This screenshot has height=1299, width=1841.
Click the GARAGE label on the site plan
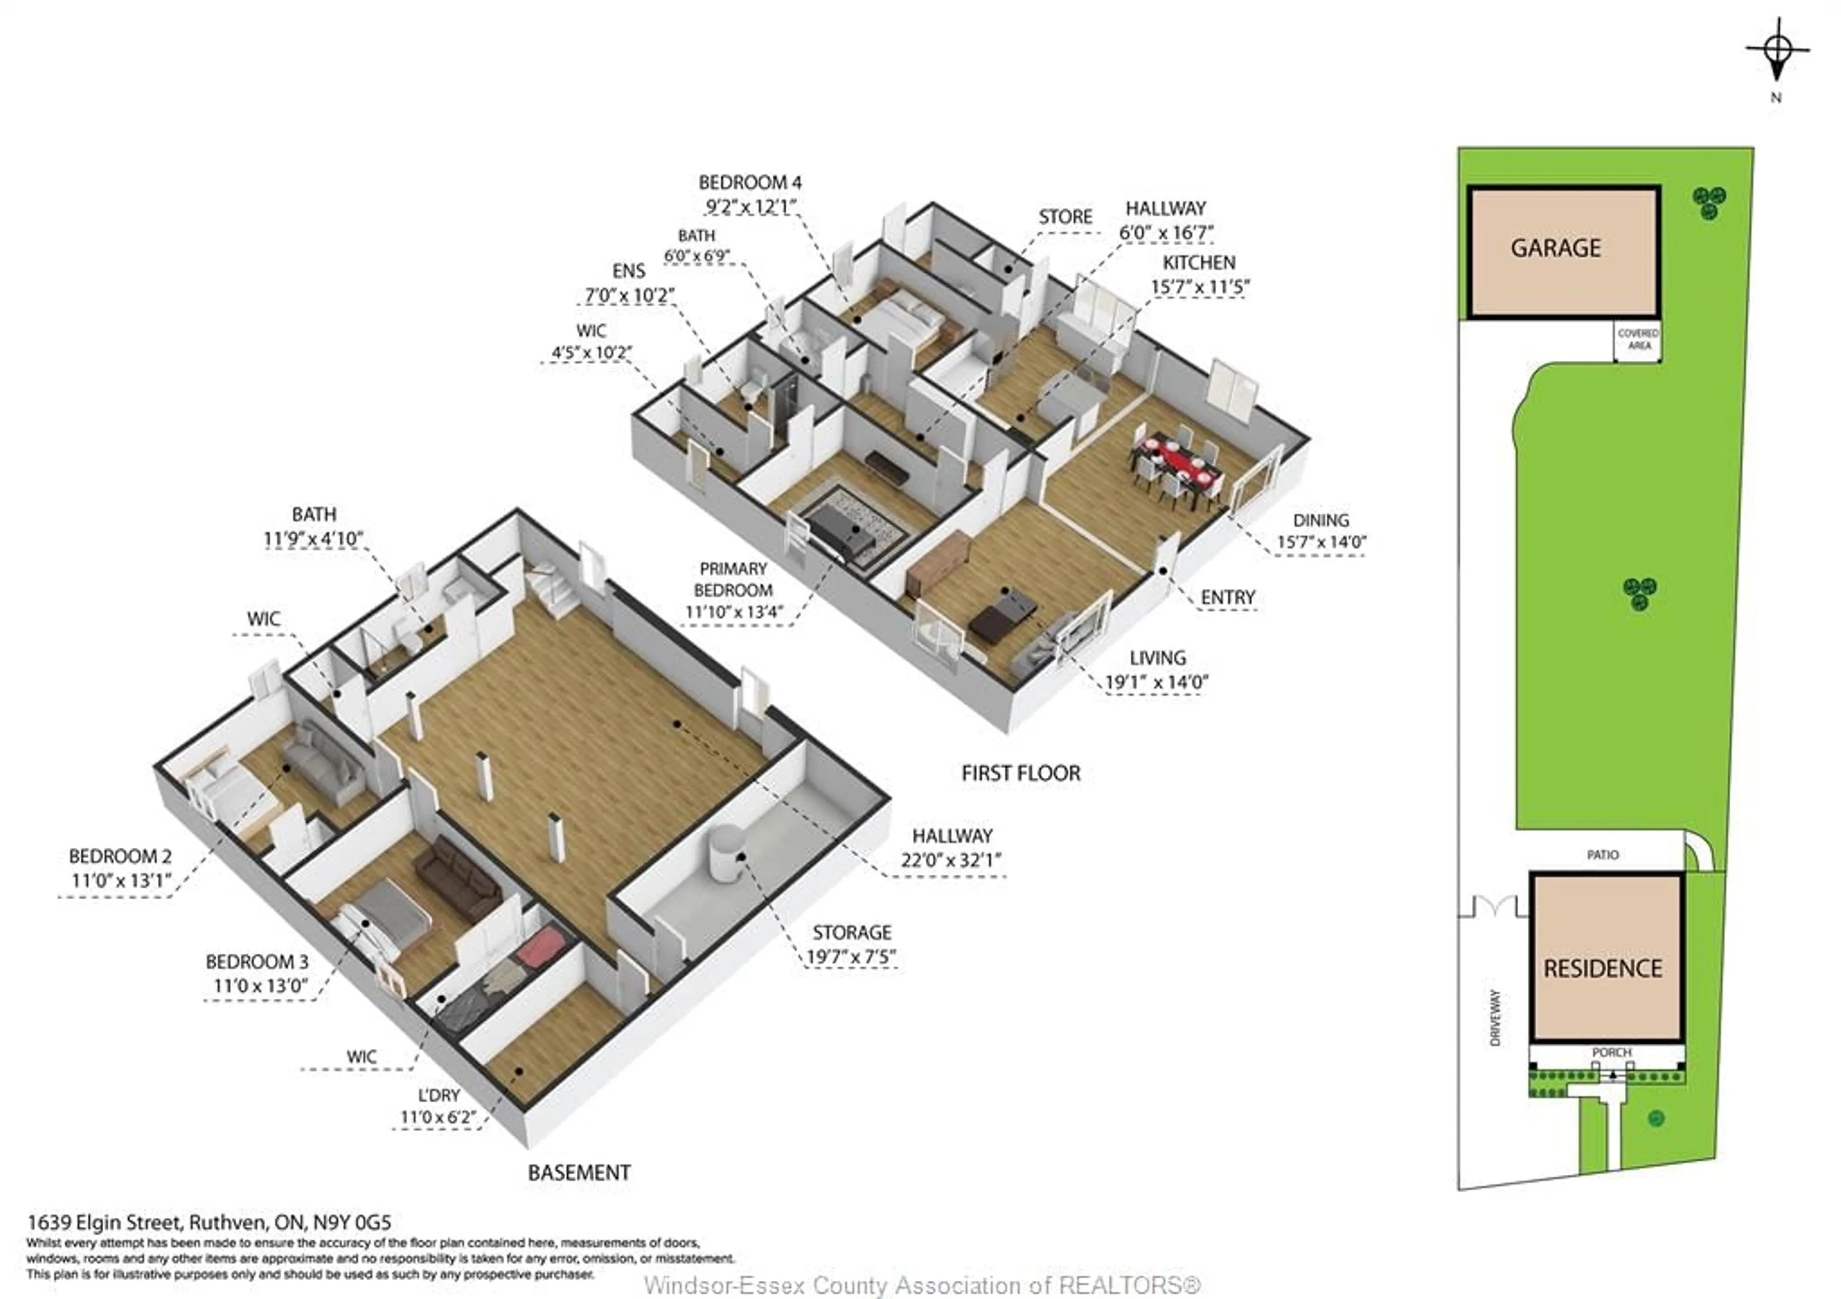pyautogui.click(x=1556, y=248)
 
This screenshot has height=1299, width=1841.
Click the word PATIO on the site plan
pyautogui.click(x=1602, y=855)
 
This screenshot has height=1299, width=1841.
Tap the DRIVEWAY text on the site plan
pyautogui.click(x=1494, y=1018)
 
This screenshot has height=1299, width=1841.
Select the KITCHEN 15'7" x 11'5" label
pyautogui.click(x=1200, y=274)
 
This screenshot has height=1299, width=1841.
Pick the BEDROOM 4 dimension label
pyautogui.click(x=750, y=195)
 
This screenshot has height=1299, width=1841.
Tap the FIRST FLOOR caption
pyautogui.click(x=1021, y=773)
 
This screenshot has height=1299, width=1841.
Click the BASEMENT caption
pyautogui.click(x=579, y=1173)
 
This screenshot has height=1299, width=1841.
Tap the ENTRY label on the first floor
pyautogui.click(x=1228, y=598)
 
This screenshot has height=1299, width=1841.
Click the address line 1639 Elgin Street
pyautogui.click(x=209, y=1222)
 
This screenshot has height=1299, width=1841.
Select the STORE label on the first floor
pyautogui.click(x=1065, y=217)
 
